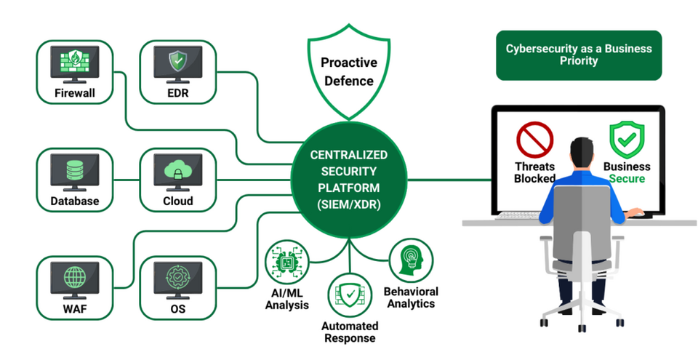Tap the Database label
[75, 201]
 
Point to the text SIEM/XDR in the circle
[349, 204]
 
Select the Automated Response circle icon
[350, 294]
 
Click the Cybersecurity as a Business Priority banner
[579, 55]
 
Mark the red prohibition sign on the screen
[535, 140]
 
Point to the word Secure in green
[627, 178]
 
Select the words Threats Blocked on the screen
[535, 172]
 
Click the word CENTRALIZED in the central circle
[349, 155]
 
